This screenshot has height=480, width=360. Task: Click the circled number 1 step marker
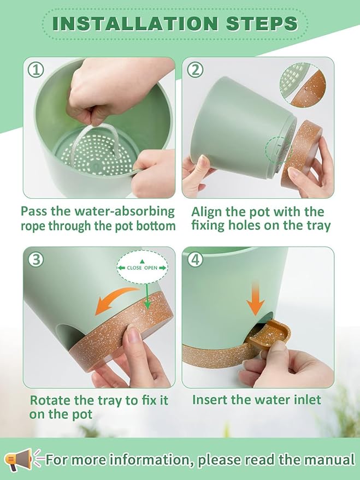click(x=36, y=70)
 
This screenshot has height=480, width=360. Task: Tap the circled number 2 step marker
click(x=195, y=70)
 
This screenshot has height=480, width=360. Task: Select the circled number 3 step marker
click(x=36, y=260)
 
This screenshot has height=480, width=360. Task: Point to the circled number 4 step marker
click(x=195, y=260)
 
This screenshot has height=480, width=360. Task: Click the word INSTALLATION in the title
click(x=135, y=23)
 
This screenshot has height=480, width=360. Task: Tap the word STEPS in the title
click(x=262, y=23)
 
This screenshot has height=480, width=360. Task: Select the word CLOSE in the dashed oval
click(x=134, y=268)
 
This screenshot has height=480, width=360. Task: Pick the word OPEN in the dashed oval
click(x=151, y=268)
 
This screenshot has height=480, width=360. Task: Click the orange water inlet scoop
click(x=268, y=334)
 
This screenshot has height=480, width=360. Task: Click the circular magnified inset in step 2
click(x=303, y=85)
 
